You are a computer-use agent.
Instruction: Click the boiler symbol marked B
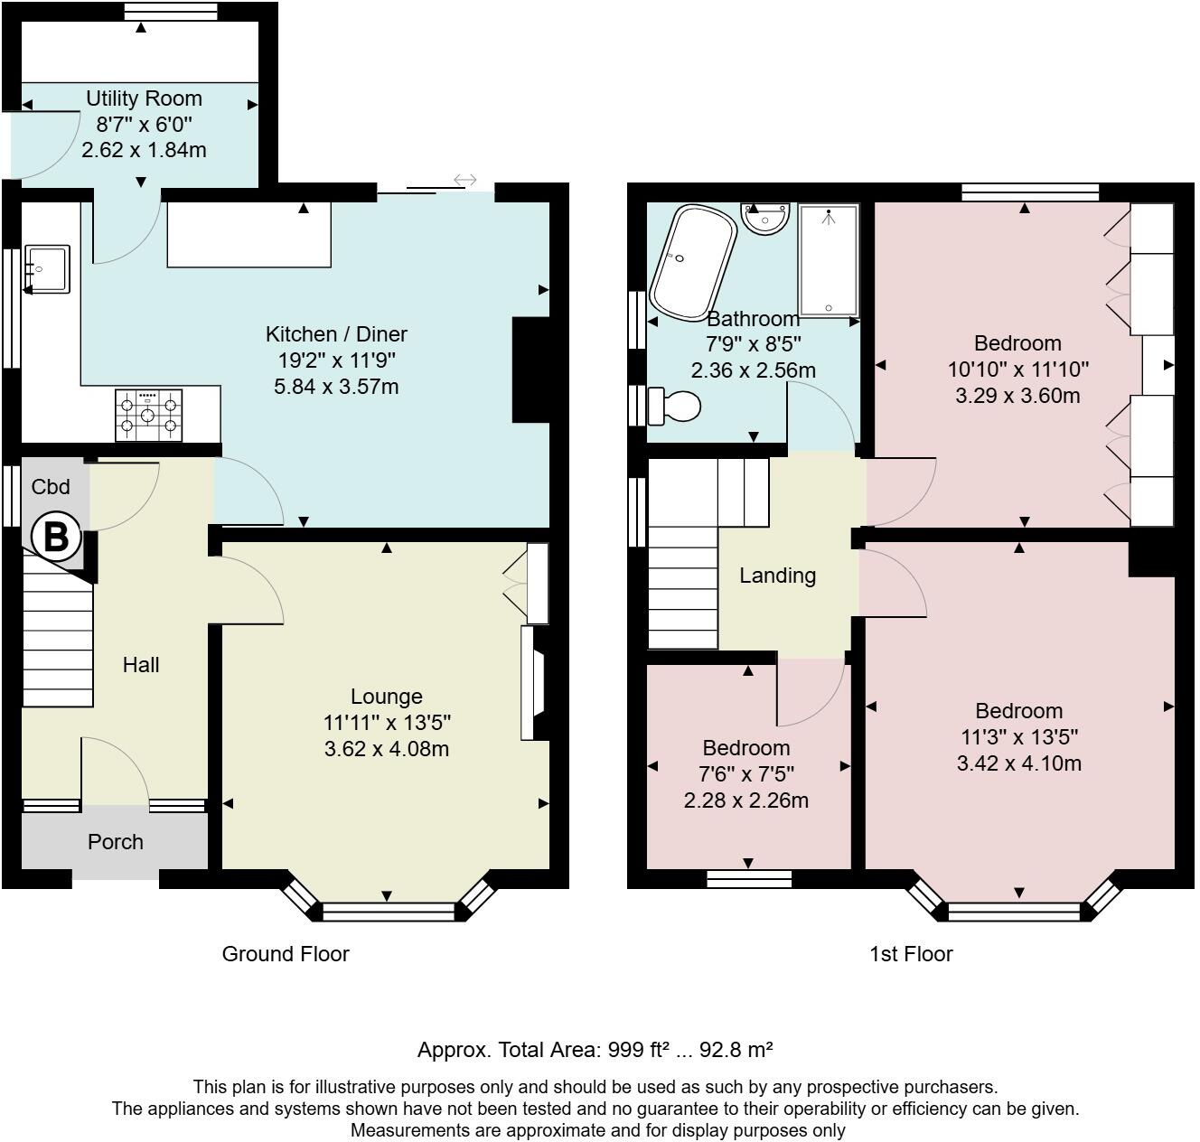56,537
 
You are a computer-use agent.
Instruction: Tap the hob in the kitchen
148,415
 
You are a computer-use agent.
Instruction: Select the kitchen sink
47,269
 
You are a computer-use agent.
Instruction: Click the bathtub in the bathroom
692,262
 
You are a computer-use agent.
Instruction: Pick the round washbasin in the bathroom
765,217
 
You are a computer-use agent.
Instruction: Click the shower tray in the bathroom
828,260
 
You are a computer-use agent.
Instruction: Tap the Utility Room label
144,98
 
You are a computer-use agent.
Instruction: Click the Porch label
116,841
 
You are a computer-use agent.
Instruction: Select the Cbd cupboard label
51,487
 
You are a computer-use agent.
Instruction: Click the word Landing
777,576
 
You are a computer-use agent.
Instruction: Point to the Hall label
141,665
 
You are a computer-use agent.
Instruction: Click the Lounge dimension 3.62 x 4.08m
387,749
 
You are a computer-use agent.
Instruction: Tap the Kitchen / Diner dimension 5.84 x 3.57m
336,387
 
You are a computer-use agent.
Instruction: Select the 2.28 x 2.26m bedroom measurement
746,800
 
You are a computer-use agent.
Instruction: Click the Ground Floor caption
286,954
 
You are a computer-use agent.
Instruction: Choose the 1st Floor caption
911,954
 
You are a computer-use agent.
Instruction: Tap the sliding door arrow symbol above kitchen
464,180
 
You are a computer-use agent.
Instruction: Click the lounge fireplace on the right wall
534,683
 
